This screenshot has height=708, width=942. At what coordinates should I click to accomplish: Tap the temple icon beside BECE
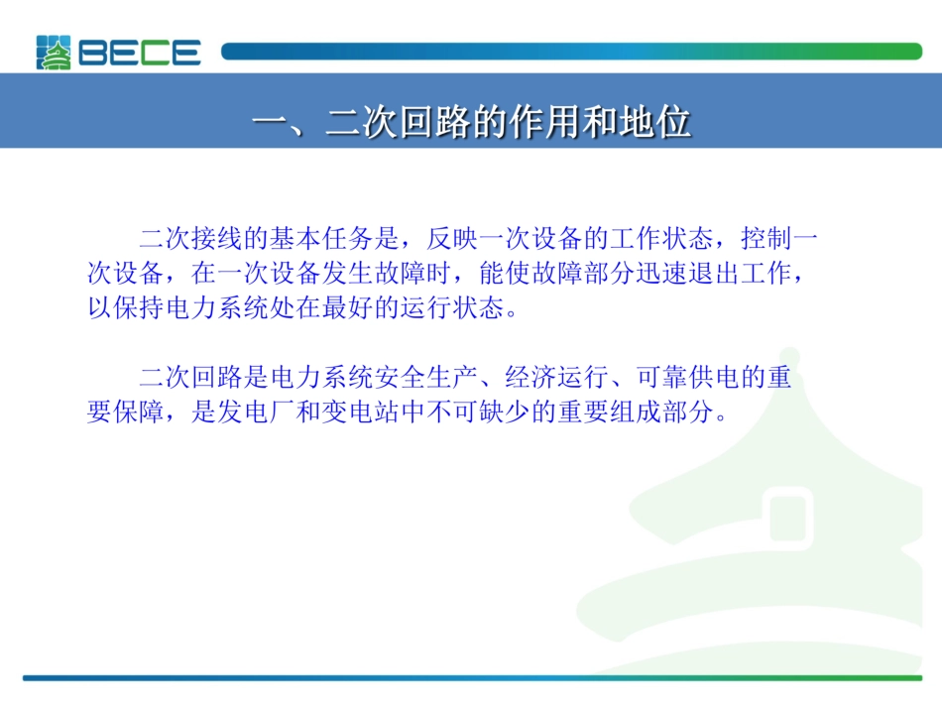[x=55, y=53]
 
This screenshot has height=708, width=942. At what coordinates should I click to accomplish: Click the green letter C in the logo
[x=155, y=53]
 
